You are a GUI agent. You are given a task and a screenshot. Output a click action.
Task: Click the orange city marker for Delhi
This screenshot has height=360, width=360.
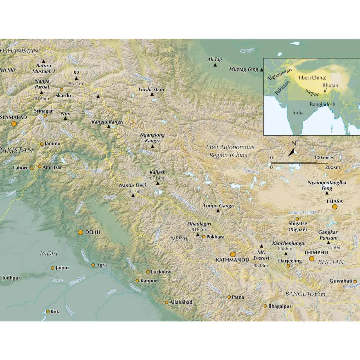tap(80, 232)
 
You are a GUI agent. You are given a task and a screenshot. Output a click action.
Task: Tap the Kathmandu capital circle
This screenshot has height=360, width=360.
tap(233, 255)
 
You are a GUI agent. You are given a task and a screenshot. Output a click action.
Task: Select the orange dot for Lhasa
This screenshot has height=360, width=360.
tap(335, 207)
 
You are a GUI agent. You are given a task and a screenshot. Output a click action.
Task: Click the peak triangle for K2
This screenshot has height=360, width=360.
tap(76, 78)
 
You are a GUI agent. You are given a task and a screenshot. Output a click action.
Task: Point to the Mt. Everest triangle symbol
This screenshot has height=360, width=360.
tap(262, 246)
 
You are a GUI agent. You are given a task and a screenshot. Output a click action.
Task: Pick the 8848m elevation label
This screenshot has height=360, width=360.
tap(260, 265)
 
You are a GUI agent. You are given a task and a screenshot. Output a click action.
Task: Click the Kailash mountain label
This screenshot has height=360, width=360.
tap(157, 172)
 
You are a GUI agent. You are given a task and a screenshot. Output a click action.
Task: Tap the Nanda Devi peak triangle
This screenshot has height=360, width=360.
tap(133, 195)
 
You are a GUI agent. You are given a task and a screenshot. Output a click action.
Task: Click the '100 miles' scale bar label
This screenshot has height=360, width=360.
tap(324, 158)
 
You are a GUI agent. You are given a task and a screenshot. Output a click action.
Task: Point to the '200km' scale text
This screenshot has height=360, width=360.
tap(332, 167)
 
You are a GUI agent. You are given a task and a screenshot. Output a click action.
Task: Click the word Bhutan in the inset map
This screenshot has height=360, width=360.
tap(330, 85)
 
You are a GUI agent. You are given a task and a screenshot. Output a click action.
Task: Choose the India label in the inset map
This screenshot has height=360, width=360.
tap(298, 113)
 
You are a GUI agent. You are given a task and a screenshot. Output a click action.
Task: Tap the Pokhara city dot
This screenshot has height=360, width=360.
tap(204, 237)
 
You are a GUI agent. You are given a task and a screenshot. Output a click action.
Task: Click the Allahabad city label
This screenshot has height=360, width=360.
tap(181, 302)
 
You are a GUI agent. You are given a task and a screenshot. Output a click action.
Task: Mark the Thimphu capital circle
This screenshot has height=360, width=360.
tap(312, 259)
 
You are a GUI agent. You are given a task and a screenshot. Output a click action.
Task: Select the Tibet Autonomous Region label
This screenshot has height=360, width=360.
tap(229, 151)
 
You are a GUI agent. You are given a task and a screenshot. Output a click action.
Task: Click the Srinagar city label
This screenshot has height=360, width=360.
tap(43, 111)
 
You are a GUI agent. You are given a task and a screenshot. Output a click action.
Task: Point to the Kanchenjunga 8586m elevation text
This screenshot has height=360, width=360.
tap(285, 249)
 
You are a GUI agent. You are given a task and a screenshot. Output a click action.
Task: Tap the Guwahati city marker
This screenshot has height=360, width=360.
tap(355, 282)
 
